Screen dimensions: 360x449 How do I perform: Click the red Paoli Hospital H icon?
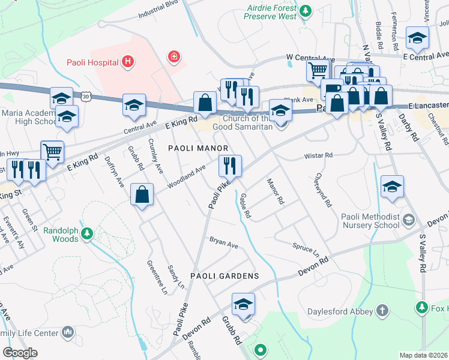coord(127,61)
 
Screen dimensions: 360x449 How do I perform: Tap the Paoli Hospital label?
coord(92,61)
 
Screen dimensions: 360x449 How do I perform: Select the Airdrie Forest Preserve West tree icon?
coord(306,10)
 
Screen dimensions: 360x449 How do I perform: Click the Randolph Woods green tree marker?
coord(87,233)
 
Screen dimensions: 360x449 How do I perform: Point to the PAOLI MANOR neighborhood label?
coord(198,148)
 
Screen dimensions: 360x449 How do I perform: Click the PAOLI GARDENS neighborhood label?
coord(224,276)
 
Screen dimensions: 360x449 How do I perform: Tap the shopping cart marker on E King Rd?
coord(52,152)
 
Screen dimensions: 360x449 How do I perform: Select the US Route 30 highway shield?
coord(87,96)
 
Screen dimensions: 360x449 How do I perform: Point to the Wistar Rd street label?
coord(318,155)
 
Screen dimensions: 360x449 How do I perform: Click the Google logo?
coord(20,353)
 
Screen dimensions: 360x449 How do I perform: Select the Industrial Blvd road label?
coord(158,8)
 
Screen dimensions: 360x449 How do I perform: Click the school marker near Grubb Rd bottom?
coord(243,304)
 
